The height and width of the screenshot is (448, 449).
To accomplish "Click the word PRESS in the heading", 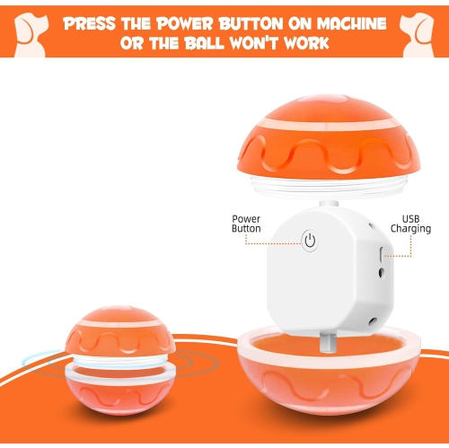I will coord(94,22).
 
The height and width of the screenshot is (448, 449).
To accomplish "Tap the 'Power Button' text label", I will coord(246,224).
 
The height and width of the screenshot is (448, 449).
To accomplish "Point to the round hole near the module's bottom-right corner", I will coord(369,321).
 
